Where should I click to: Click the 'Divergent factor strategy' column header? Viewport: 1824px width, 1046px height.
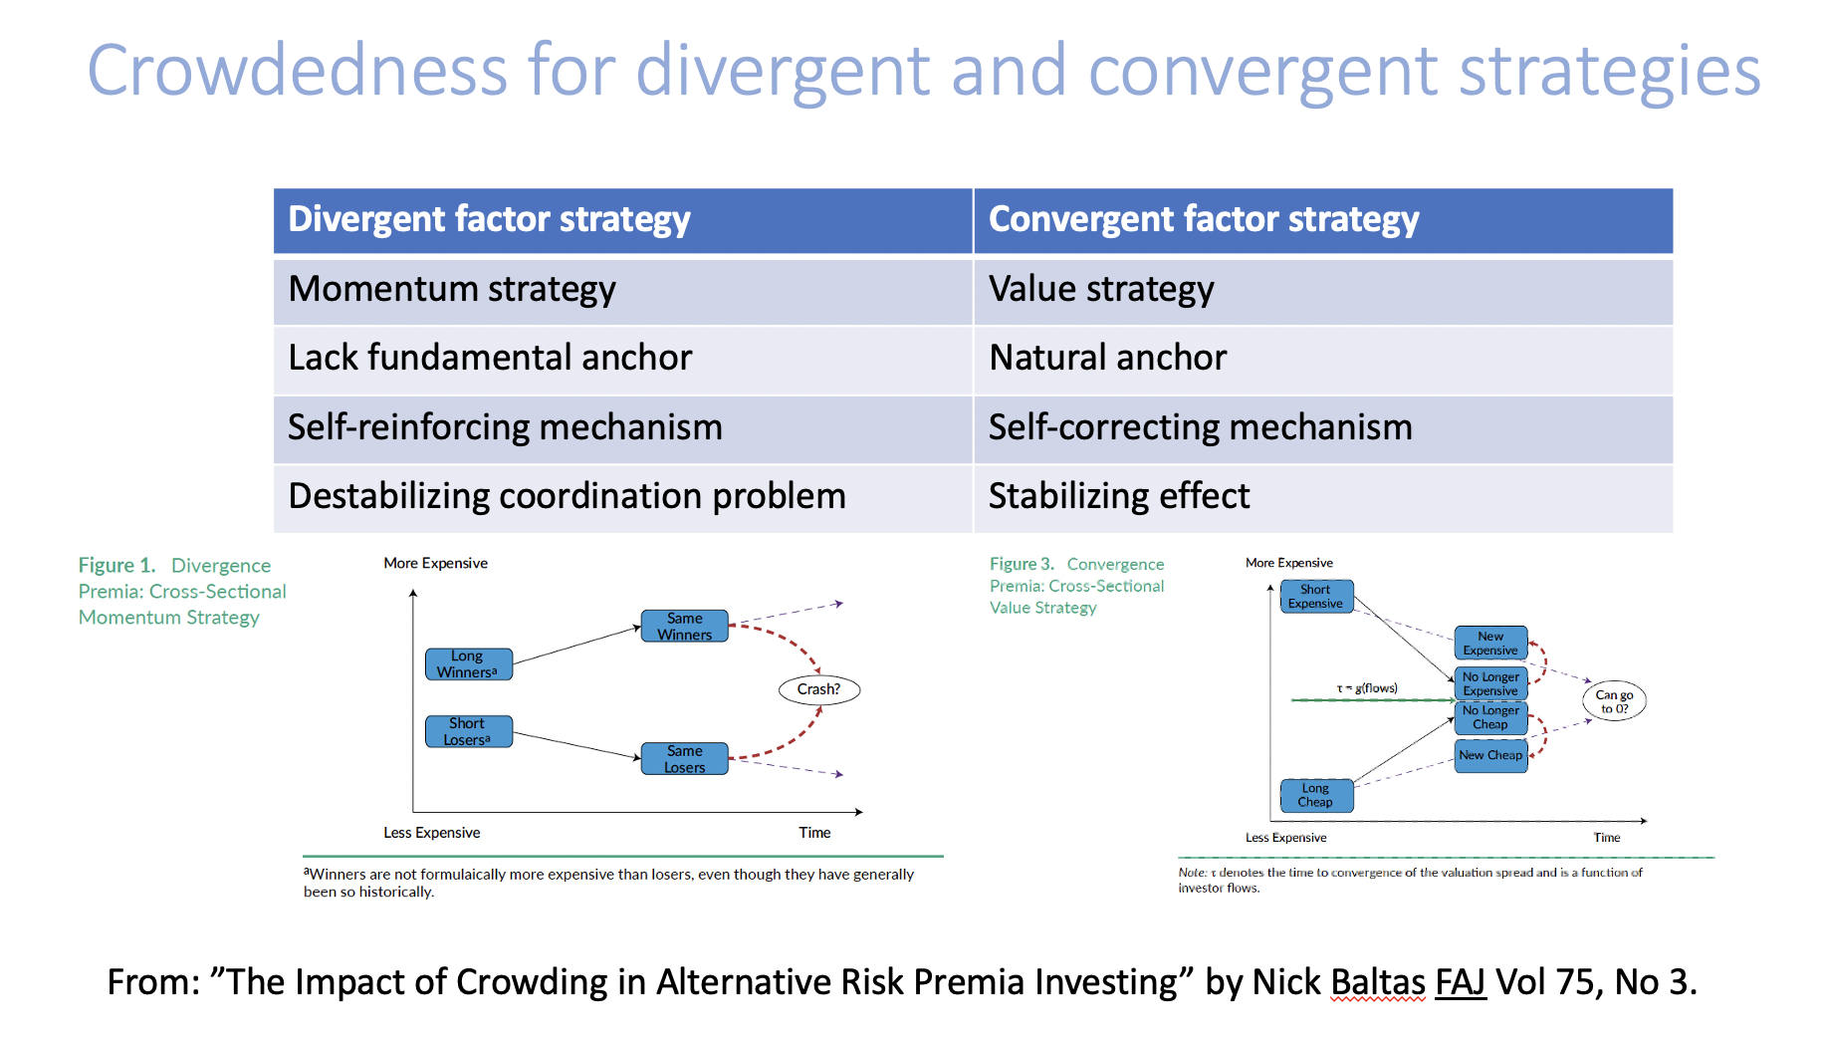(x=622, y=220)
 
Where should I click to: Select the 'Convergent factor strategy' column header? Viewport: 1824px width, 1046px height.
(x=1322, y=220)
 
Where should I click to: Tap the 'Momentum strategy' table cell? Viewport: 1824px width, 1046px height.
(x=622, y=290)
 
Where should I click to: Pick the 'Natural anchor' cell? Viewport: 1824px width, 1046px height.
(x=1322, y=359)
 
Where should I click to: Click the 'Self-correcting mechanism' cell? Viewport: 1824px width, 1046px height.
(x=1322, y=428)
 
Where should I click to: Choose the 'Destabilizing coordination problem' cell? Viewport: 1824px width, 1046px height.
(x=622, y=497)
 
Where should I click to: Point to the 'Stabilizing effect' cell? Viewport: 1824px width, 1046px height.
(x=1322, y=497)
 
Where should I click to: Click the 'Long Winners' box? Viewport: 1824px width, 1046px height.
(x=468, y=664)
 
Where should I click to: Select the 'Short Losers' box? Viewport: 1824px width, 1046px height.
(x=468, y=731)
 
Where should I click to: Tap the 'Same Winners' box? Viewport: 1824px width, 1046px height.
(x=684, y=627)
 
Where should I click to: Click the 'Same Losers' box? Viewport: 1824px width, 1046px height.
(x=684, y=759)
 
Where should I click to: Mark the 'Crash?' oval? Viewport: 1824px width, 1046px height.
(x=818, y=689)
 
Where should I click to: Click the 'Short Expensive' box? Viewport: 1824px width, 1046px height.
(x=1315, y=597)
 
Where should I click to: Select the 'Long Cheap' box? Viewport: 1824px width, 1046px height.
(x=1315, y=795)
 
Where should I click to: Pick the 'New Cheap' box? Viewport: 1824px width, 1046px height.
(x=1490, y=756)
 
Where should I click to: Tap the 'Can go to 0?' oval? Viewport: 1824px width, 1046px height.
(x=1614, y=701)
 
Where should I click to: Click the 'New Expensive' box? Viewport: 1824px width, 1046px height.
(x=1490, y=644)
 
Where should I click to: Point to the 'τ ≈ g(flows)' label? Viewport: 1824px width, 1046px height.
(x=1367, y=688)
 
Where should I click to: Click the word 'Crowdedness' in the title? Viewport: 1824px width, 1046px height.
(x=298, y=72)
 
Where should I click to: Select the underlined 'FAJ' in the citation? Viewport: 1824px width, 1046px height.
(x=1460, y=982)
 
